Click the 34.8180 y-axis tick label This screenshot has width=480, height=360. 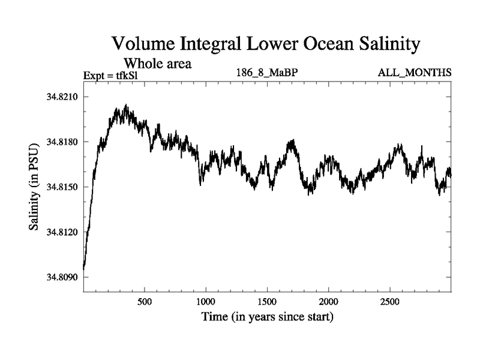pos(63,142)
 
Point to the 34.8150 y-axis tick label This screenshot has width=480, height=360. pos(63,187)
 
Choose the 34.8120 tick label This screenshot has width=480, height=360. pos(63,232)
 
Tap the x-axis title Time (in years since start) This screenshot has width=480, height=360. pos(267,316)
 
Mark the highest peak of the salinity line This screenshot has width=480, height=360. pos(126,105)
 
